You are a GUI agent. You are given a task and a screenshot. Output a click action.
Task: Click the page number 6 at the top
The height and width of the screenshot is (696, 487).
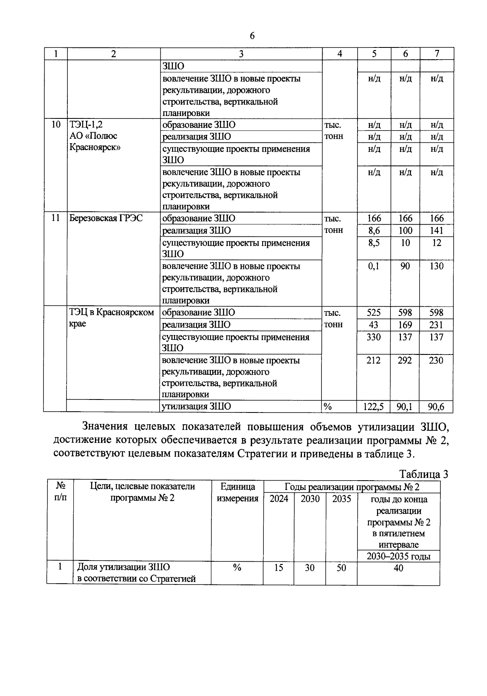coord(252,36)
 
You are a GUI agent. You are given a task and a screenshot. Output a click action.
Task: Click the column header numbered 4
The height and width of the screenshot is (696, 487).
coord(339,54)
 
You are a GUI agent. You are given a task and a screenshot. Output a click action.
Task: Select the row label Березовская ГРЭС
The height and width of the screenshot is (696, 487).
coord(106,218)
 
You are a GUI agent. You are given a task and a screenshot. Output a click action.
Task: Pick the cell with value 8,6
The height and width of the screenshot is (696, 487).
coord(373,231)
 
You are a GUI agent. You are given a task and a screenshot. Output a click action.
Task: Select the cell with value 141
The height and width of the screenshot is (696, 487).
coord(436,231)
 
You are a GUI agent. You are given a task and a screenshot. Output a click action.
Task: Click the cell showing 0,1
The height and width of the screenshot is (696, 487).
coord(373,266)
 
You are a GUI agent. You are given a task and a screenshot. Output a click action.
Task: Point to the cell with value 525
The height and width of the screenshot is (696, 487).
coord(373,313)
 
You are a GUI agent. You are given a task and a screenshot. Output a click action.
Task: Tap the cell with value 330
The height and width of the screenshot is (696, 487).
coord(373,337)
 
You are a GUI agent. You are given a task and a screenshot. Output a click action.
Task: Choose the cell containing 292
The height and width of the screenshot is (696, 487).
coord(405,361)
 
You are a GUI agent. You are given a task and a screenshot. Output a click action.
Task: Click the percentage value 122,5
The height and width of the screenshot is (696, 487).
coord(373,407)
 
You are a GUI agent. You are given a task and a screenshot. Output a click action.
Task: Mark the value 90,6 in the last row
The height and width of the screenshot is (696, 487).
coord(436,407)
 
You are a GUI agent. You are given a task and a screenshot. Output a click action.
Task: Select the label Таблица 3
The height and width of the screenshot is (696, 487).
coord(424,475)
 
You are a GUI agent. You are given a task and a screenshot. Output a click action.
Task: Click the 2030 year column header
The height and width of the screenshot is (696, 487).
coord(310,499)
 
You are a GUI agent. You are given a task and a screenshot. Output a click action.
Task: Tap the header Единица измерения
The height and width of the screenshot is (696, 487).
coord(237,492)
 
